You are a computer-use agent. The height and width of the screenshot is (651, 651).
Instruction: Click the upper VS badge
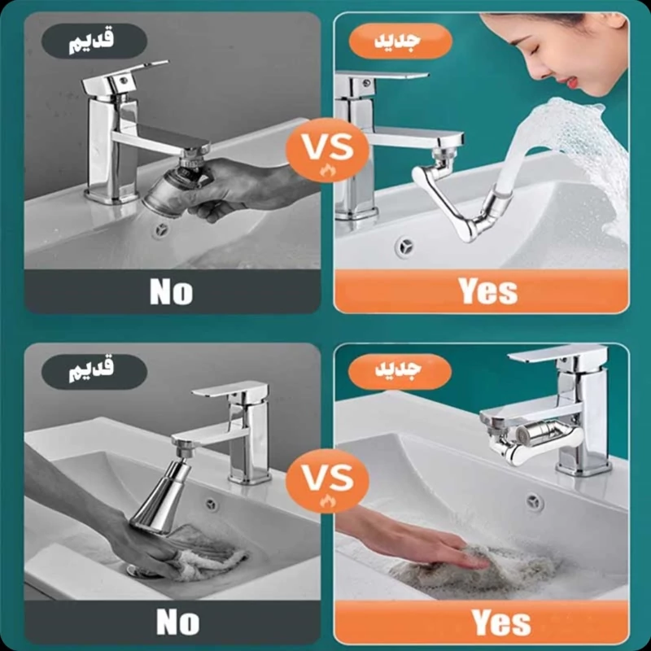pyautogui.click(x=328, y=150)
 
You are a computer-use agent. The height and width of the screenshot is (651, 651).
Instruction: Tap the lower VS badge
pyautogui.click(x=328, y=481)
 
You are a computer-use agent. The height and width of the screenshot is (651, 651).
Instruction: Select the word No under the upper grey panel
pyautogui.click(x=172, y=291)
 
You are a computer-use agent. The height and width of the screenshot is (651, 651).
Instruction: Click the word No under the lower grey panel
pyautogui.click(x=177, y=623)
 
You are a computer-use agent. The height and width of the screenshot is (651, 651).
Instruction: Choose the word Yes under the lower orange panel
pyautogui.click(x=501, y=622)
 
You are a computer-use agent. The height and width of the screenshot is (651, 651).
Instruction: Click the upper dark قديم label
pyautogui.click(x=94, y=41)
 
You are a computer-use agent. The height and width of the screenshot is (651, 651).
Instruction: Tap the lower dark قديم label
pyautogui.click(x=94, y=372)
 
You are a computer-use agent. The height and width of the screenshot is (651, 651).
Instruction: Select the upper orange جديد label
pyautogui.click(x=400, y=41)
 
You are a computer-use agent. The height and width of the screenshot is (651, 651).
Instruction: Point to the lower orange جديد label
pyautogui.click(x=400, y=372)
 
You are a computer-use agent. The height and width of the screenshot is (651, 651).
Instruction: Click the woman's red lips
pyautogui.click(x=573, y=81)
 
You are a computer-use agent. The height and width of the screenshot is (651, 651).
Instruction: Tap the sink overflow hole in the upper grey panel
pyautogui.click(x=161, y=229)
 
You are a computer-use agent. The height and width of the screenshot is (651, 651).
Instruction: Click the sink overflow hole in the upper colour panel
pyautogui.click(x=404, y=247)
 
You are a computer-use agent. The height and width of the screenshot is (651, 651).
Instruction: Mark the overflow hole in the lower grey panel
pyautogui.click(x=212, y=504)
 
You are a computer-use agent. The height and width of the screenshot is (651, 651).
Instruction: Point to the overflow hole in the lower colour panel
pyautogui.click(x=535, y=502)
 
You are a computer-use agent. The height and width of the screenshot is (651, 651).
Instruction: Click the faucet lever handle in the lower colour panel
pyautogui.click(x=558, y=354)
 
